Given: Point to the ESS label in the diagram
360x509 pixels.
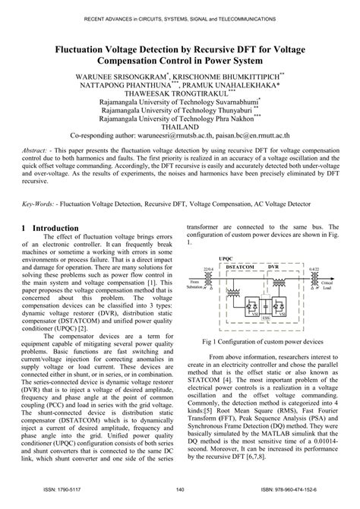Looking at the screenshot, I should click(x=266, y=318).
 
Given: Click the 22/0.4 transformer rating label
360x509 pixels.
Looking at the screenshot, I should click(x=208, y=268).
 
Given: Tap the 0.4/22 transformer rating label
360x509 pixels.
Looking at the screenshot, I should click(x=314, y=268).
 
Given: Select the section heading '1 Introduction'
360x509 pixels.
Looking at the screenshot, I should click(x=52, y=228).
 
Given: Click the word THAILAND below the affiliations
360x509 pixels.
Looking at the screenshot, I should click(x=180, y=128).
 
